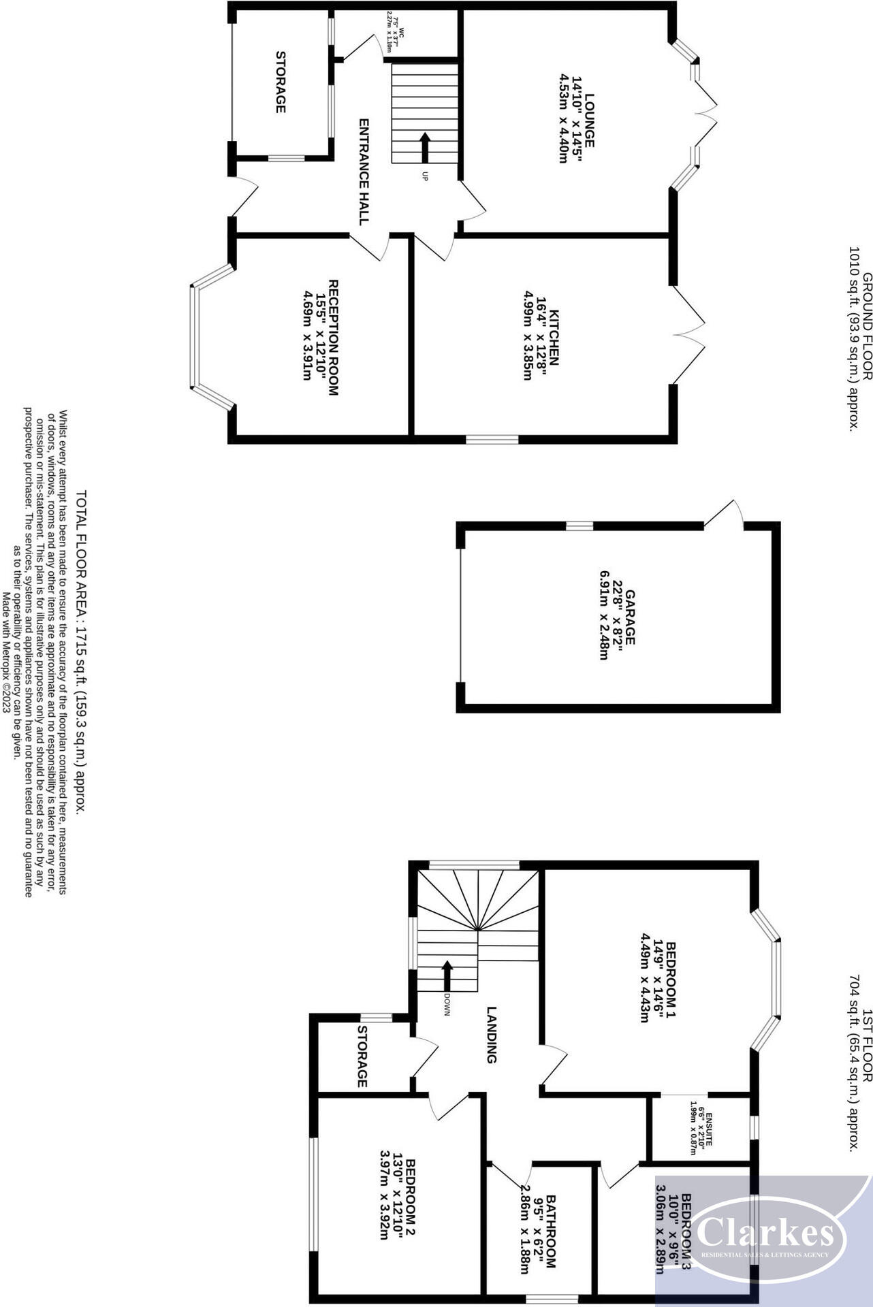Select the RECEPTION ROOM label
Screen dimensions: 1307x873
pos(334,337)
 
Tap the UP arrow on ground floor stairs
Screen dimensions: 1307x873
pos(424,147)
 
